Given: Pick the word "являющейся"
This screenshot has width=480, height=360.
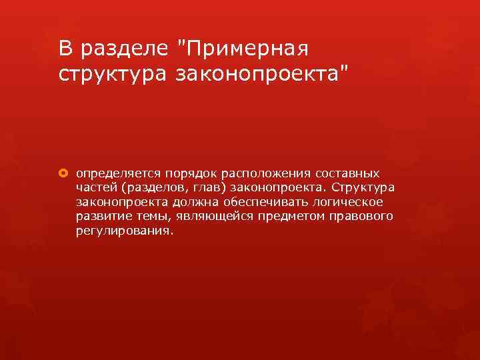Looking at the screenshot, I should tap(202, 217).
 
